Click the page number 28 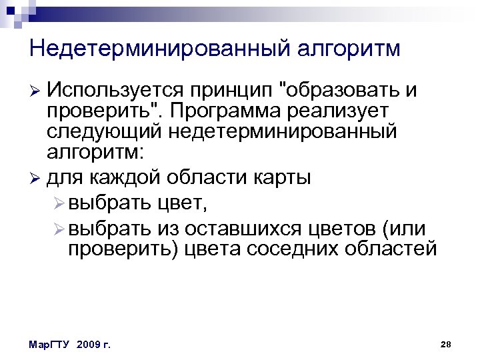[446, 344]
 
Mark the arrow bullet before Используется [36, 90]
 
